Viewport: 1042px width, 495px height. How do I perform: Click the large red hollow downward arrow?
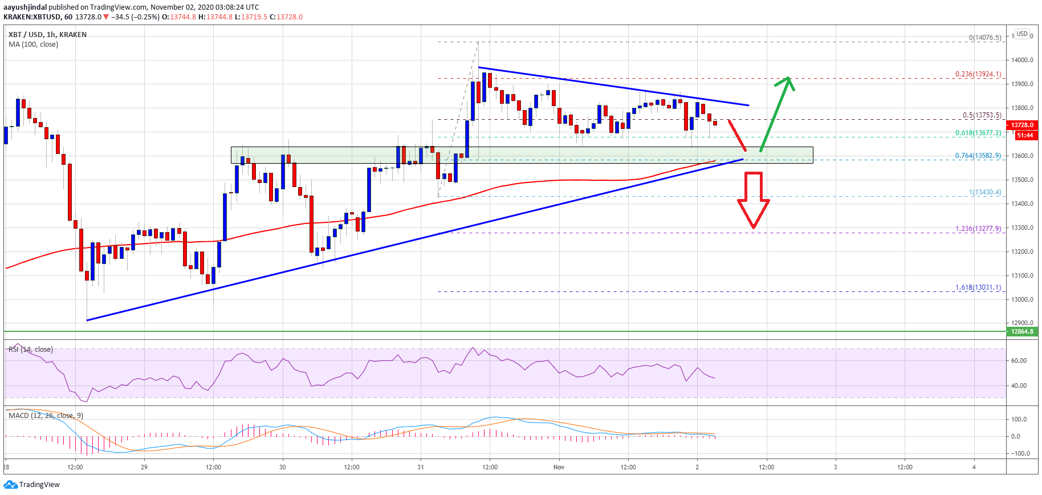click(x=753, y=200)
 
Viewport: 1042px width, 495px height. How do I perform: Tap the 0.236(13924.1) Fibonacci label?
click(x=978, y=74)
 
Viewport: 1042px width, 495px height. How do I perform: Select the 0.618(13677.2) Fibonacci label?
click(x=978, y=133)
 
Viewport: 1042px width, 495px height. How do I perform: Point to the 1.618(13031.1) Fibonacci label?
click(x=978, y=287)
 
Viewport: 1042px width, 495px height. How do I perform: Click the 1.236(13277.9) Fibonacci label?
click(x=978, y=229)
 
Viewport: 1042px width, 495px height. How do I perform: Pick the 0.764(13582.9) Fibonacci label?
click(x=978, y=156)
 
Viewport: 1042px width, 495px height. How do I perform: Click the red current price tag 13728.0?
click(x=1023, y=125)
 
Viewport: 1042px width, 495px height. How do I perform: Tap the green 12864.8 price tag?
click(x=1022, y=331)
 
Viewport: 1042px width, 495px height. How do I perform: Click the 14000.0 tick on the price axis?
click(x=1022, y=60)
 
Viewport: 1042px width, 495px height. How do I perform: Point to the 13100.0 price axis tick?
click(x=1022, y=275)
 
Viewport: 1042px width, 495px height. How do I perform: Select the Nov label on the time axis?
click(x=559, y=467)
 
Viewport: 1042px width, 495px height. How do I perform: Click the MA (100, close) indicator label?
click(x=33, y=44)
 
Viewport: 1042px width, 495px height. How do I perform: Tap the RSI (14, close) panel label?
click(x=31, y=350)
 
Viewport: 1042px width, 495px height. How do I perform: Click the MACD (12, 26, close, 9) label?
click(x=46, y=416)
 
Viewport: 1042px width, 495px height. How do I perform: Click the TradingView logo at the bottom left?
click(x=32, y=485)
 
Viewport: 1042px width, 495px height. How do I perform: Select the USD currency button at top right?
click(x=1022, y=34)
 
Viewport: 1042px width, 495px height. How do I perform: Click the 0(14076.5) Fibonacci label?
click(x=984, y=38)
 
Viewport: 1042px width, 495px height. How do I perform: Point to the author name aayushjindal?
click(x=25, y=7)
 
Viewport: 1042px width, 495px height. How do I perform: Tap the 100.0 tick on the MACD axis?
click(x=1019, y=419)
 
